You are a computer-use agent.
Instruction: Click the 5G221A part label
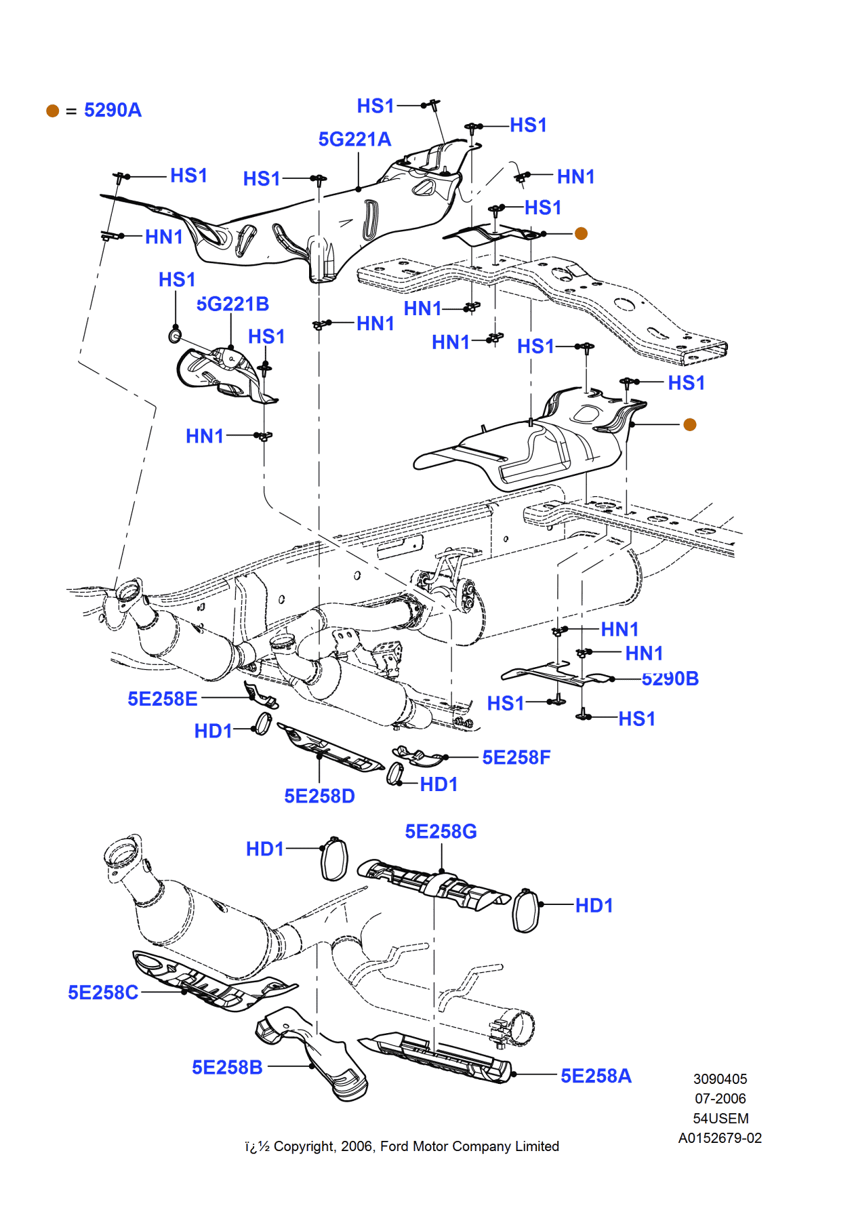tap(354, 140)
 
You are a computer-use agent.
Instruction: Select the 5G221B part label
tap(232, 304)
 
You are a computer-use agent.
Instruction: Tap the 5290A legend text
tap(113, 110)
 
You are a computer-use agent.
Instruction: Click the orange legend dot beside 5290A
tap(53, 110)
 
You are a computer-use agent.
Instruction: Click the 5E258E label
tap(163, 699)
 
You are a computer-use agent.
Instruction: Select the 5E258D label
tap(319, 796)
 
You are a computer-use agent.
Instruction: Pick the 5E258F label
tap(516, 758)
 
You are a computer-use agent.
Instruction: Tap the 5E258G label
tap(441, 832)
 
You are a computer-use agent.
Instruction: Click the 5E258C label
tap(103, 992)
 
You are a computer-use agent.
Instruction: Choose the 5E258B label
tap(227, 1068)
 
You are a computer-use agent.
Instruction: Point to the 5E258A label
tap(596, 1076)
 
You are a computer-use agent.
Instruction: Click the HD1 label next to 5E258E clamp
tap(213, 731)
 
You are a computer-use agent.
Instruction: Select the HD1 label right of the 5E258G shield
tap(594, 906)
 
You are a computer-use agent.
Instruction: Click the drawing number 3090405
tap(720, 1079)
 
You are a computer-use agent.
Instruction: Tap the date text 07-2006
tap(720, 1099)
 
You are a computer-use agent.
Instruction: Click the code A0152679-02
tap(720, 1138)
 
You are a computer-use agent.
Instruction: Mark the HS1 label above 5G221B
tap(177, 280)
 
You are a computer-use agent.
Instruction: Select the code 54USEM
tap(720, 1119)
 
